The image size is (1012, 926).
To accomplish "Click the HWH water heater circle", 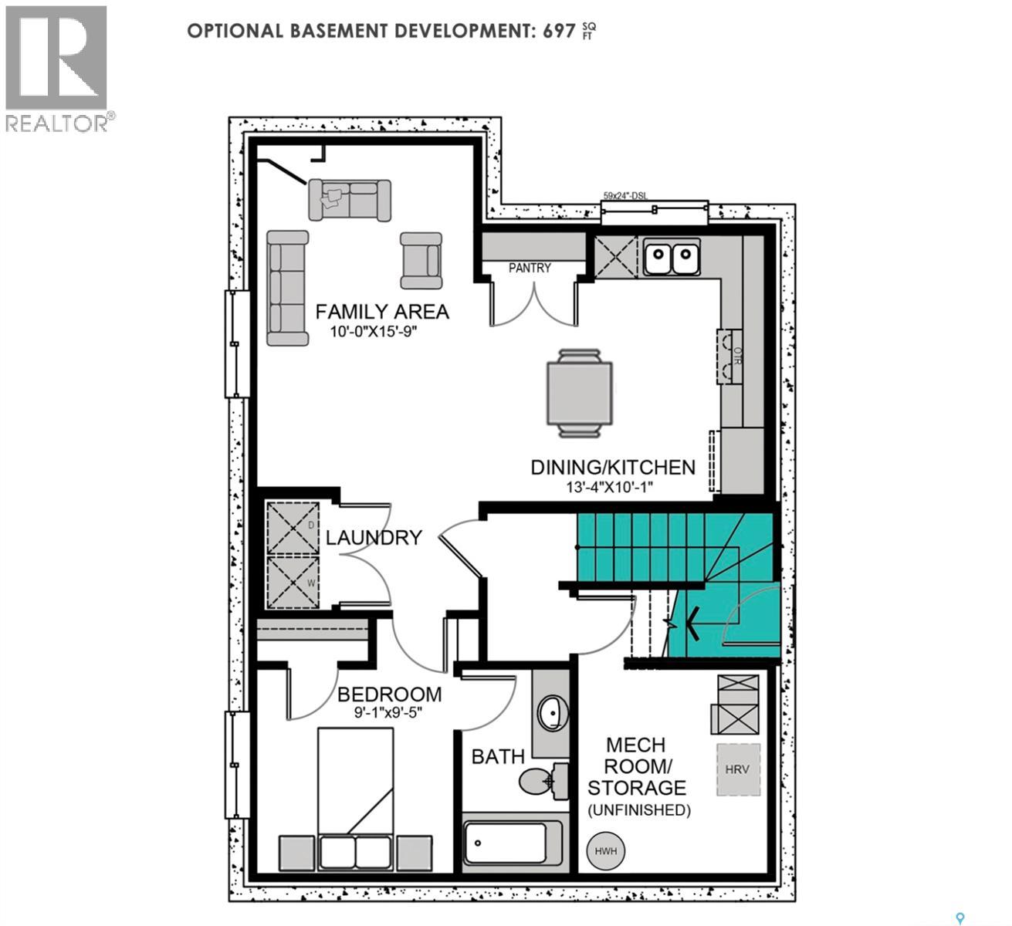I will [x=606, y=851].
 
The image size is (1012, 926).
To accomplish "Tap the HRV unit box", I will [x=738, y=769].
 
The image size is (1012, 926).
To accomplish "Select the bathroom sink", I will [x=551, y=713].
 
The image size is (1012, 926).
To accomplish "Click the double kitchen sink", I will [x=672, y=258].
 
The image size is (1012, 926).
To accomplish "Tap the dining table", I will [x=580, y=394].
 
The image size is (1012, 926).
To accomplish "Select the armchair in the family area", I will [x=421, y=259].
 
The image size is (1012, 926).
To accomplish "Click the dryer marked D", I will [x=293, y=528].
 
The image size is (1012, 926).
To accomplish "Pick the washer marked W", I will [x=293, y=580].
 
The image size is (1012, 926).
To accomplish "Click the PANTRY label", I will [x=530, y=268].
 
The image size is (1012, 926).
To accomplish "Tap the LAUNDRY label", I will [x=374, y=537].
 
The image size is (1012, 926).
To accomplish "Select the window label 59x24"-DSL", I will [x=626, y=196].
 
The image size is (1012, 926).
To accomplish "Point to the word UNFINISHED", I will [x=639, y=809].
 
